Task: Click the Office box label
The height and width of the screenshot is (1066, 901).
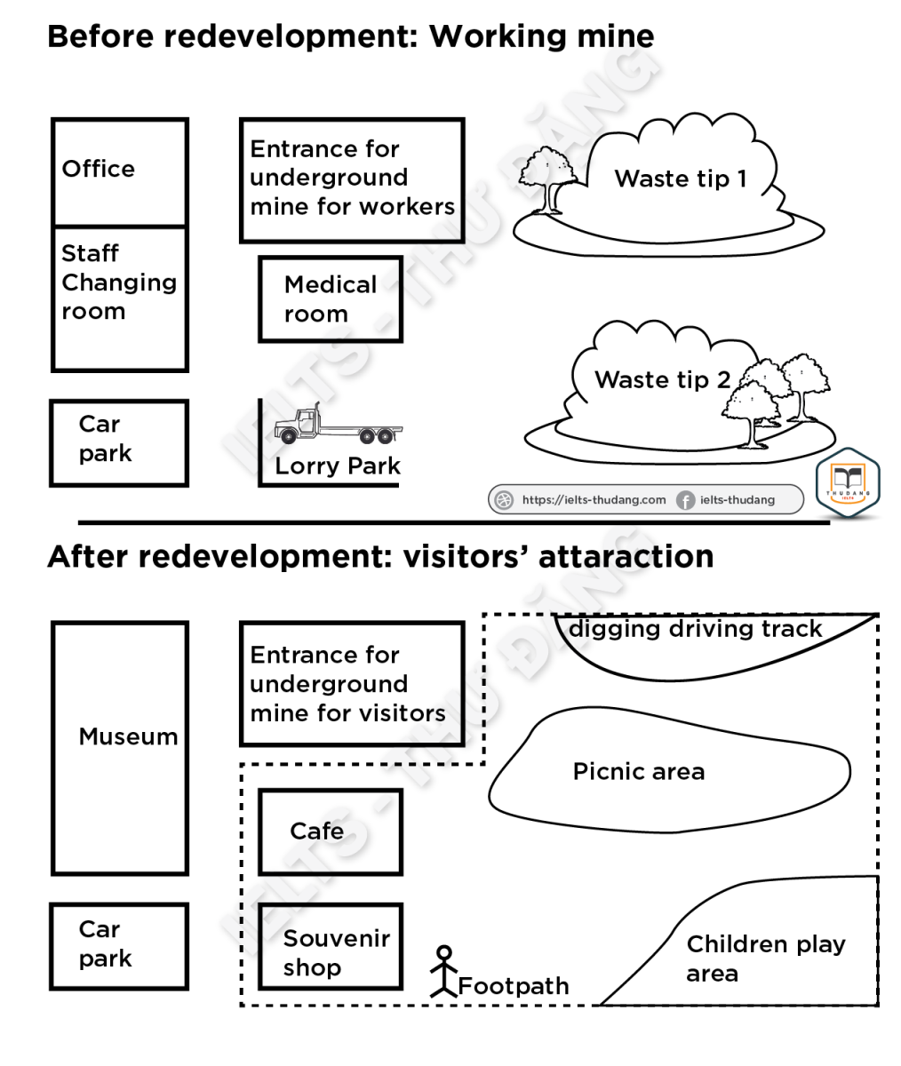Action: click(98, 169)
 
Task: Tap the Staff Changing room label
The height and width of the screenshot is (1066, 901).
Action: click(119, 282)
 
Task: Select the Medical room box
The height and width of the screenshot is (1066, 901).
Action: click(331, 299)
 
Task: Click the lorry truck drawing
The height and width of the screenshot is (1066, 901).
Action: click(339, 423)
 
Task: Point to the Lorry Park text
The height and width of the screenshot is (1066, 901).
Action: click(338, 465)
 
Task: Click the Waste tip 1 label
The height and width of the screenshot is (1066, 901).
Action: click(681, 179)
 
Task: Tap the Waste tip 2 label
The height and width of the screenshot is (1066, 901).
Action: click(663, 380)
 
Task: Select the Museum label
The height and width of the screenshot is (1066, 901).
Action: click(128, 736)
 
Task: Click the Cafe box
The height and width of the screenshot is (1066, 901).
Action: click(331, 832)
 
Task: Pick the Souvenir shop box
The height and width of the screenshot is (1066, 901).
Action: click(331, 947)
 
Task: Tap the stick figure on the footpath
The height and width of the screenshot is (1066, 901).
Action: click(444, 971)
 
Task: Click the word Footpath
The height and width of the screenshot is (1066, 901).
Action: click(514, 986)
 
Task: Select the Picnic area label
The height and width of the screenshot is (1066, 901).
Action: click(639, 771)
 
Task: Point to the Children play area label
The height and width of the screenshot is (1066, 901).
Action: click(766, 959)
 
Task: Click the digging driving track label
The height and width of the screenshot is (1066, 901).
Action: click(695, 629)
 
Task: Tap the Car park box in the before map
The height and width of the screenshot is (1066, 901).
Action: click(119, 443)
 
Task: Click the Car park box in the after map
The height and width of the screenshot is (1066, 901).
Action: click(119, 947)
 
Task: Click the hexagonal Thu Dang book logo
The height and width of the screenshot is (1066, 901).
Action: click(848, 483)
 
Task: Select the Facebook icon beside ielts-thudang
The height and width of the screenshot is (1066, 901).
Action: click(685, 500)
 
